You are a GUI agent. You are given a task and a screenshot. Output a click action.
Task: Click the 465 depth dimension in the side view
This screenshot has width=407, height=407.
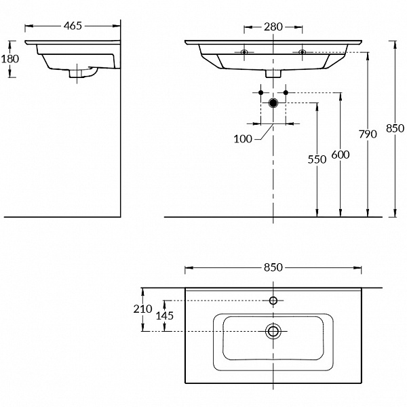pyautogui.click(x=73, y=26)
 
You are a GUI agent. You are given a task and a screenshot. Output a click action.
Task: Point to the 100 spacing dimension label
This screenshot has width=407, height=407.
pyautogui.click(x=243, y=138)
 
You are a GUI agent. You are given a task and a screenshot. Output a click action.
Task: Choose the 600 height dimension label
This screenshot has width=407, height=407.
pyautogui.click(x=341, y=155)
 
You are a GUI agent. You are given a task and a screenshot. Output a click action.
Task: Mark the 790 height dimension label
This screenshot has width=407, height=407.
pyautogui.click(x=367, y=134)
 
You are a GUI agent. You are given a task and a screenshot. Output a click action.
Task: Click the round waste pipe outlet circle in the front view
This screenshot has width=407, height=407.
pyautogui.click(x=273, y=103)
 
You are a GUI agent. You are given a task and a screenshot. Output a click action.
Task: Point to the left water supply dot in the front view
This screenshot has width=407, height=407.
pyautogui.click(x=260, y=92)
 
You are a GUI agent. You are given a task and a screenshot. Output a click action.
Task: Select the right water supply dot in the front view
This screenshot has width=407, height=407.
pyautogui.click(x=286, y=92)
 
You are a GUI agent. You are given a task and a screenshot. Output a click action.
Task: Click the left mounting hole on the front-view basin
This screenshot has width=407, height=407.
pyautogui.click(x=244, y=52)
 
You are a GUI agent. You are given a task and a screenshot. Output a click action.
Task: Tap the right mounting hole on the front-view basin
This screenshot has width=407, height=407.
pyautogui.click(x=302, y=52)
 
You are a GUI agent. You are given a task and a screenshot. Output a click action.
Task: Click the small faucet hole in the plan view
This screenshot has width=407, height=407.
pyautogui.click(x=273, y=301)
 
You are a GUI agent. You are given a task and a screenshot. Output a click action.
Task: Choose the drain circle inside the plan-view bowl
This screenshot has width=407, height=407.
pyautogui.click(x=273, y=331)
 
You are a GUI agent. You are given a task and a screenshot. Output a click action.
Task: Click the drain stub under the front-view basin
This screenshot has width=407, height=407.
pyautogui.click(x=273, y=74)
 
